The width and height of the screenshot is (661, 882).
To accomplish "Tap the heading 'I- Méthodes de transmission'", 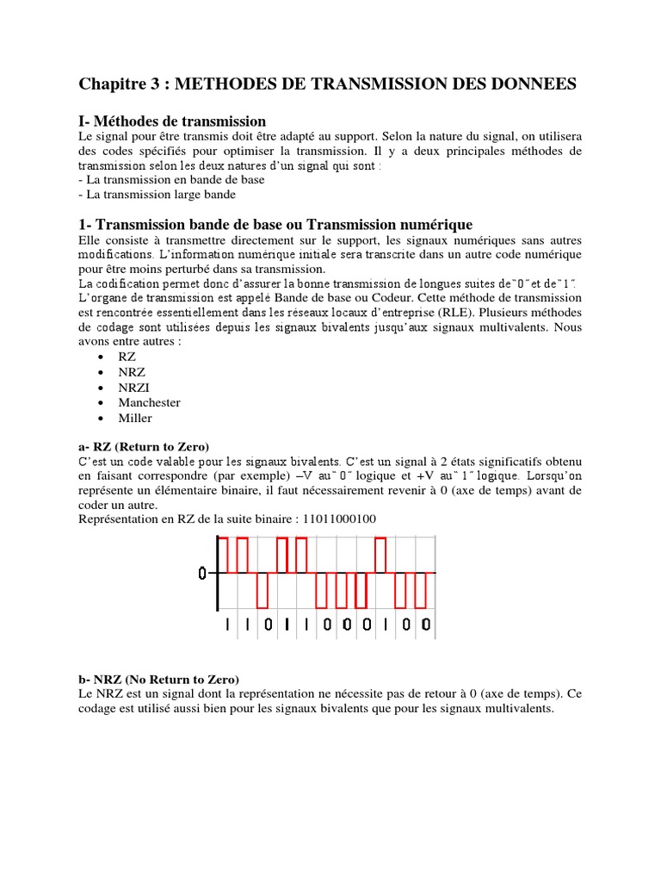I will (x=172, y=121).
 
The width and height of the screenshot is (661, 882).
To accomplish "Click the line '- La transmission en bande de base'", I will (x=171, y=180).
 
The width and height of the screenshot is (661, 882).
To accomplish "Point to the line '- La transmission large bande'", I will (x=157, y=195).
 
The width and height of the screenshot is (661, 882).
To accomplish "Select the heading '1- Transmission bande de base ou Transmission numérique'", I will (x=275, y=224).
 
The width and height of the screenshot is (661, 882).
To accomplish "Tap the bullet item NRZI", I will (x=135, y=387).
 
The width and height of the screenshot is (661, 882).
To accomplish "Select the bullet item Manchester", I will (x=151, y=402).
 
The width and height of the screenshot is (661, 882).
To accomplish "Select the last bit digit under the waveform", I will (x=425, y=626).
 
